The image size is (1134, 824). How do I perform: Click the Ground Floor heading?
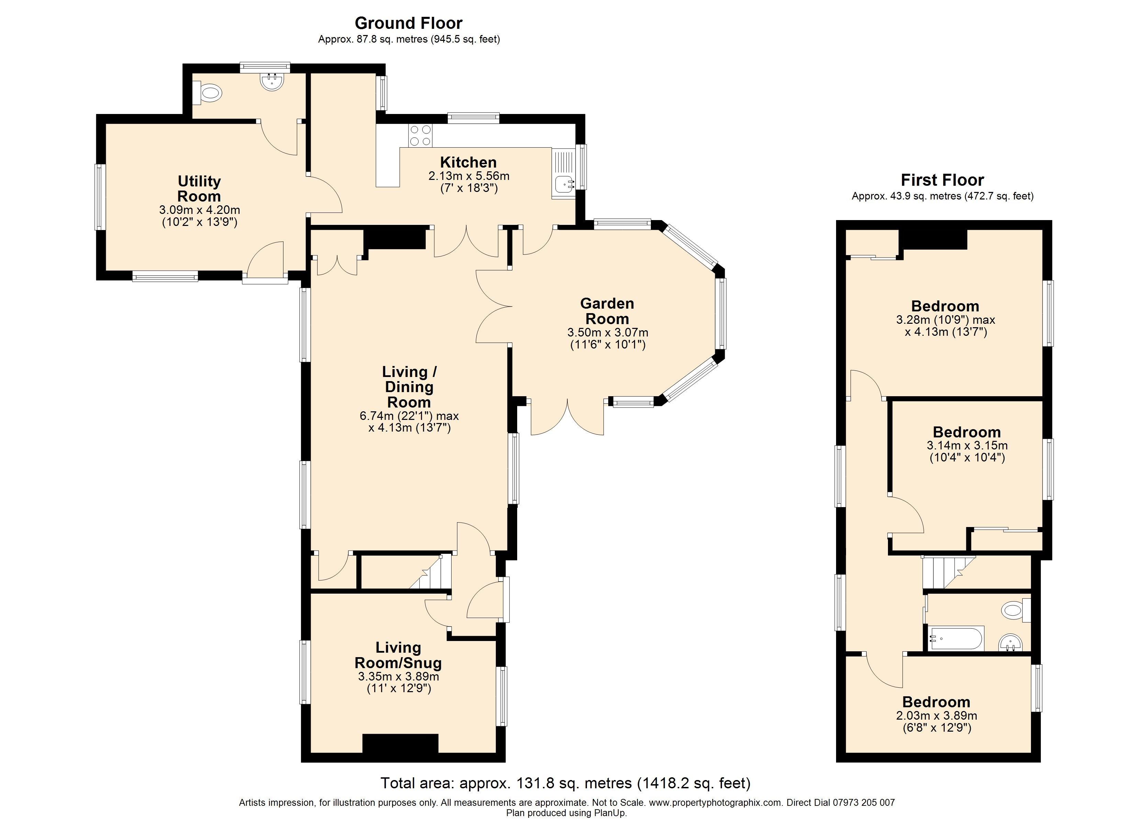pos(409,23)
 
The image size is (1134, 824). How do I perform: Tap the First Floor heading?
pos(942,180)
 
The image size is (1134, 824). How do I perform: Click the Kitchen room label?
pos(468,162)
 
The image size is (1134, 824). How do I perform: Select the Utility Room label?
pos(199,188)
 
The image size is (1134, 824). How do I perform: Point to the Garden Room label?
pos(607,311)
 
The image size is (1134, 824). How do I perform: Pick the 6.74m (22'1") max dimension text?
pos(409,416)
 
